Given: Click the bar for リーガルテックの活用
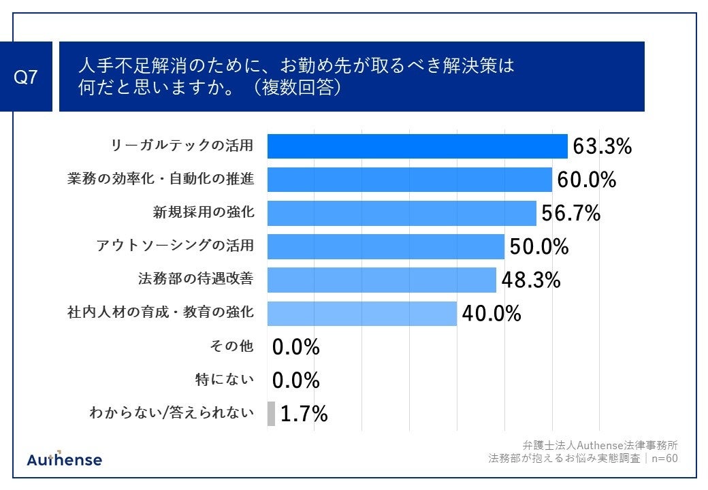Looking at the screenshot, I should (417, 146).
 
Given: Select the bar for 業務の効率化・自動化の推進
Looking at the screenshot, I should (409, 180).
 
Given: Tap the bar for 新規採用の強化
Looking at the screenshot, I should (402, 213).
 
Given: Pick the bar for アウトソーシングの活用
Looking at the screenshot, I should (385, 246).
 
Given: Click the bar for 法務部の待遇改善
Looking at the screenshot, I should (381, 280).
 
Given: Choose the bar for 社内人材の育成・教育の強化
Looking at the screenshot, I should (361, 313).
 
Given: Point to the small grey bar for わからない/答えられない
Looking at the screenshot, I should (271, 413).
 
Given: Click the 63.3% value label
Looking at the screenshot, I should (602, 146).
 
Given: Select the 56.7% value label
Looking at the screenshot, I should (570, 213).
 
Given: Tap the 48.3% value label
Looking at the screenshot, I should (531, 280).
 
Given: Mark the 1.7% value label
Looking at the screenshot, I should (304, 413).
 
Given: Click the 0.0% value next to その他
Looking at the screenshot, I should (296, 347).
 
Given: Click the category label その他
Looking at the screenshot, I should (231, 346).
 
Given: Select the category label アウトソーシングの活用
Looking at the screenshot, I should (176, 246).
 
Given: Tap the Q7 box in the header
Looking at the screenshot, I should (25, 77).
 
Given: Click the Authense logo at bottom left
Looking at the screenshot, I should (64, 459).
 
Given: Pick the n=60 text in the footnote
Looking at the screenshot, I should (664, 458).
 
